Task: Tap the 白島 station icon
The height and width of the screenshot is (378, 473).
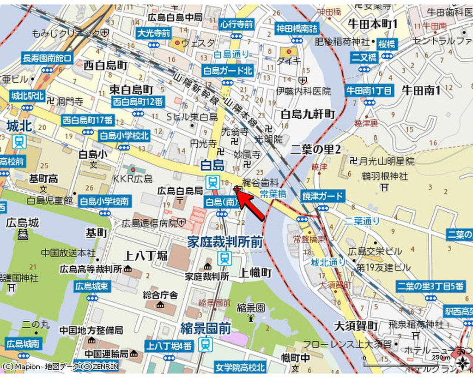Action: (x=212, y=182)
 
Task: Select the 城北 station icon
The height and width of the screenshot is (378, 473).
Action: (x=19, y=141)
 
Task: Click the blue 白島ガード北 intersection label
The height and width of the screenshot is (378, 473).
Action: (x=228, y=71)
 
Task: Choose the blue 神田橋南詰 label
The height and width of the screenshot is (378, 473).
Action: (x=297, y=28)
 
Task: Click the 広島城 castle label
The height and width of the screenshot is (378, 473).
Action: (x=22, y=223)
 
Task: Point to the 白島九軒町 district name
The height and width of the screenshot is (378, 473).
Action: (x=307, y=114)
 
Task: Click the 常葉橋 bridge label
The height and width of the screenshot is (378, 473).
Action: (x=273, y=194)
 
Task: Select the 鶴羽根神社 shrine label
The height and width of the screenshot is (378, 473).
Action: (x=384, y=176)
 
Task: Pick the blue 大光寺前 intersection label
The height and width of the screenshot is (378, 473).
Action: (x=154, y=33)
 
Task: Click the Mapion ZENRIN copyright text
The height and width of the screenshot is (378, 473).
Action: (x=60, y=366)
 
